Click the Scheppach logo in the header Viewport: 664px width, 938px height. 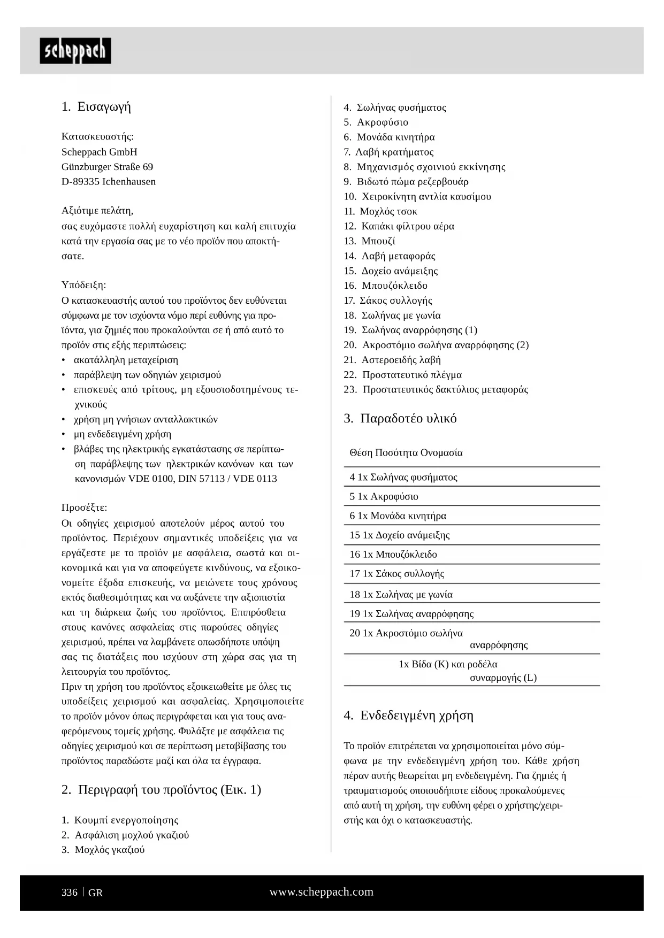(x=75, y=51)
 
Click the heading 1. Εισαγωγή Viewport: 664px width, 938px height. (x=96, y=106)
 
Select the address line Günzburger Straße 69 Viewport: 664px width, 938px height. (x=107, y=167)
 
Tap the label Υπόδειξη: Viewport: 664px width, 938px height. (x=83, y=285)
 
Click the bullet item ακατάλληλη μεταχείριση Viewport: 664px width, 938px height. (x=126, y=360)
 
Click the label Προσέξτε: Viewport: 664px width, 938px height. (x=84, y=508)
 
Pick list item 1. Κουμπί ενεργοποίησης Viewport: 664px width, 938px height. (x=120, y=820)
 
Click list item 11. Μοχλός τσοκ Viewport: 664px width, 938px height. (x=380, y=212)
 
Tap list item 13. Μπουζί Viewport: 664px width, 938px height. (x=369, y=241)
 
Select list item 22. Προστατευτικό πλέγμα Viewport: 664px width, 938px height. (x=402, y=375)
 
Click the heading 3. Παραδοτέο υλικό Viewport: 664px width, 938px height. (x=400, y=418)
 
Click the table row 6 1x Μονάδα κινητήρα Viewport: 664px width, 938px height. (x=398, y=516)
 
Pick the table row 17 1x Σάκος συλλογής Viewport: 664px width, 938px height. (x=396, y=574)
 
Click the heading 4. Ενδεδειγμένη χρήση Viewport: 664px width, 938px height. (x=409, y=716)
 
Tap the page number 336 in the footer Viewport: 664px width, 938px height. (x=70, y=893)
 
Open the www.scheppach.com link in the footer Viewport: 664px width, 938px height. (x=321, y=892)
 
